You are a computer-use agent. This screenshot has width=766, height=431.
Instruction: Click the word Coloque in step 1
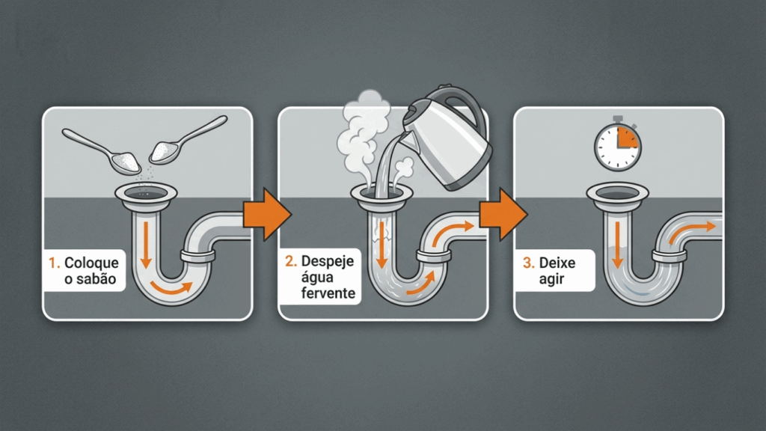pos(91,263)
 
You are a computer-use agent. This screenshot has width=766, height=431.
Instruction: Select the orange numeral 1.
pos(54,263)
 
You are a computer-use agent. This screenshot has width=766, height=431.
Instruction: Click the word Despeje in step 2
pos(328,261)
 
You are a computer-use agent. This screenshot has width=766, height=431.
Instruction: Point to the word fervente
pos(328,293)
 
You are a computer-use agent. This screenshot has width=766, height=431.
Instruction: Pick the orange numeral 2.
pos(291,261)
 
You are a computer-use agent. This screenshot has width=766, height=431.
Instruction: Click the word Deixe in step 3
pos(557,263)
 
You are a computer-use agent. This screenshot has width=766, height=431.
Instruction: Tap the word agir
pos(551,280)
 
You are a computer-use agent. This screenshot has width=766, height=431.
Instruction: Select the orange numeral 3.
pos(528,263)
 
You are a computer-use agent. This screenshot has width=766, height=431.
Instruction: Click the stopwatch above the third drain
pos(617,144)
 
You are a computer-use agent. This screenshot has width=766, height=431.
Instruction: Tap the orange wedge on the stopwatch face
pos(627,138)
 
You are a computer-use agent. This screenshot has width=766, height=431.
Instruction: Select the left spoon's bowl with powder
pos(125,162)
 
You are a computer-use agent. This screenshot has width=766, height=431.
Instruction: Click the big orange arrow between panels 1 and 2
pos(267,214)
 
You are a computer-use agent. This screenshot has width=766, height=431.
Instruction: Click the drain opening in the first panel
pos(146,194)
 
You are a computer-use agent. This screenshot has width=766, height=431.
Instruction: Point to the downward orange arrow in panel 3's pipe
pos(617,245)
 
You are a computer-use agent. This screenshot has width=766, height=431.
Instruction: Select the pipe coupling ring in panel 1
pos(197,256)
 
